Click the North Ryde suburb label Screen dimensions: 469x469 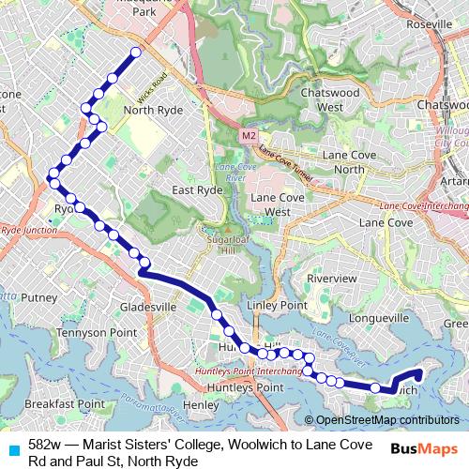click(151, 109)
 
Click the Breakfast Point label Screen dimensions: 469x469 click(64, 403)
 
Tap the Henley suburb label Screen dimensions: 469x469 click(201, 404)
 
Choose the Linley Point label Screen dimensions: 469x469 click(277, 307)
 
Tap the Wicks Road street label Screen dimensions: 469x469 click(152, 87)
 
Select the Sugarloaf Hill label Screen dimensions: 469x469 click(225, 245)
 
